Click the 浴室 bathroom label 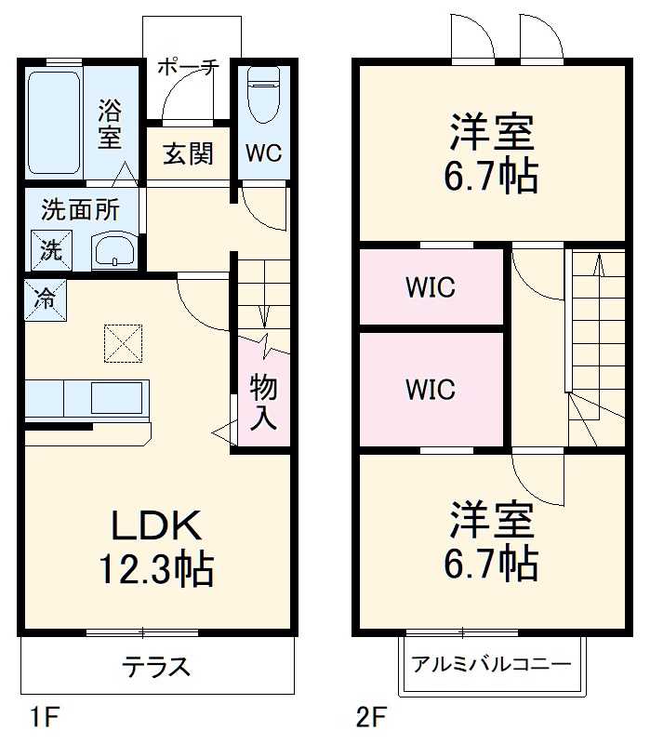tap(111, 124)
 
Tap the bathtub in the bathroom tap(53, 122)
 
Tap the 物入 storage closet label tap(262, 401)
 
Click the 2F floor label tap(370, 718)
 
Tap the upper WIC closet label tap(430, 287)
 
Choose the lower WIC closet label tap(430, 389)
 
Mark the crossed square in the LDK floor tap(121, 341)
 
